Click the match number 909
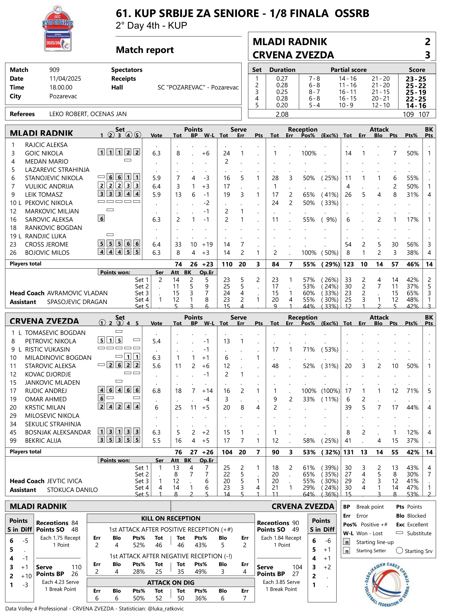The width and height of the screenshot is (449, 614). tap(54, 70)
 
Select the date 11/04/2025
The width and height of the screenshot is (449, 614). tap(65, 79)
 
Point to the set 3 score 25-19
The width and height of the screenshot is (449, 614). tap(416, 92)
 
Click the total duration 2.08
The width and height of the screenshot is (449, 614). tap(282, 115)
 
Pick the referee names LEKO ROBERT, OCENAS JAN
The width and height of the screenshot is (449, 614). tap(88, 114)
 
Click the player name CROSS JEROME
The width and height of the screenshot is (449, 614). tap(47, 244)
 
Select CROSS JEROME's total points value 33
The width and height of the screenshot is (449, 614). tap(178, 244)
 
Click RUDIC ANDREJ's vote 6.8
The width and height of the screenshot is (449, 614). tap(156, 391)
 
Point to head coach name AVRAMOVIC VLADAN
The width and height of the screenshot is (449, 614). tap(77, 293)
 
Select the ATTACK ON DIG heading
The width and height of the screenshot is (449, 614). tap(171, 582)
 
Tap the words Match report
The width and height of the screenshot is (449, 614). tap(145, 50)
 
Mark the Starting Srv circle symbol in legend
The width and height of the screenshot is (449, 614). tap(399, 551)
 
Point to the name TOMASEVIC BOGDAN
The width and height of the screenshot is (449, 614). tap(55, 333)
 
